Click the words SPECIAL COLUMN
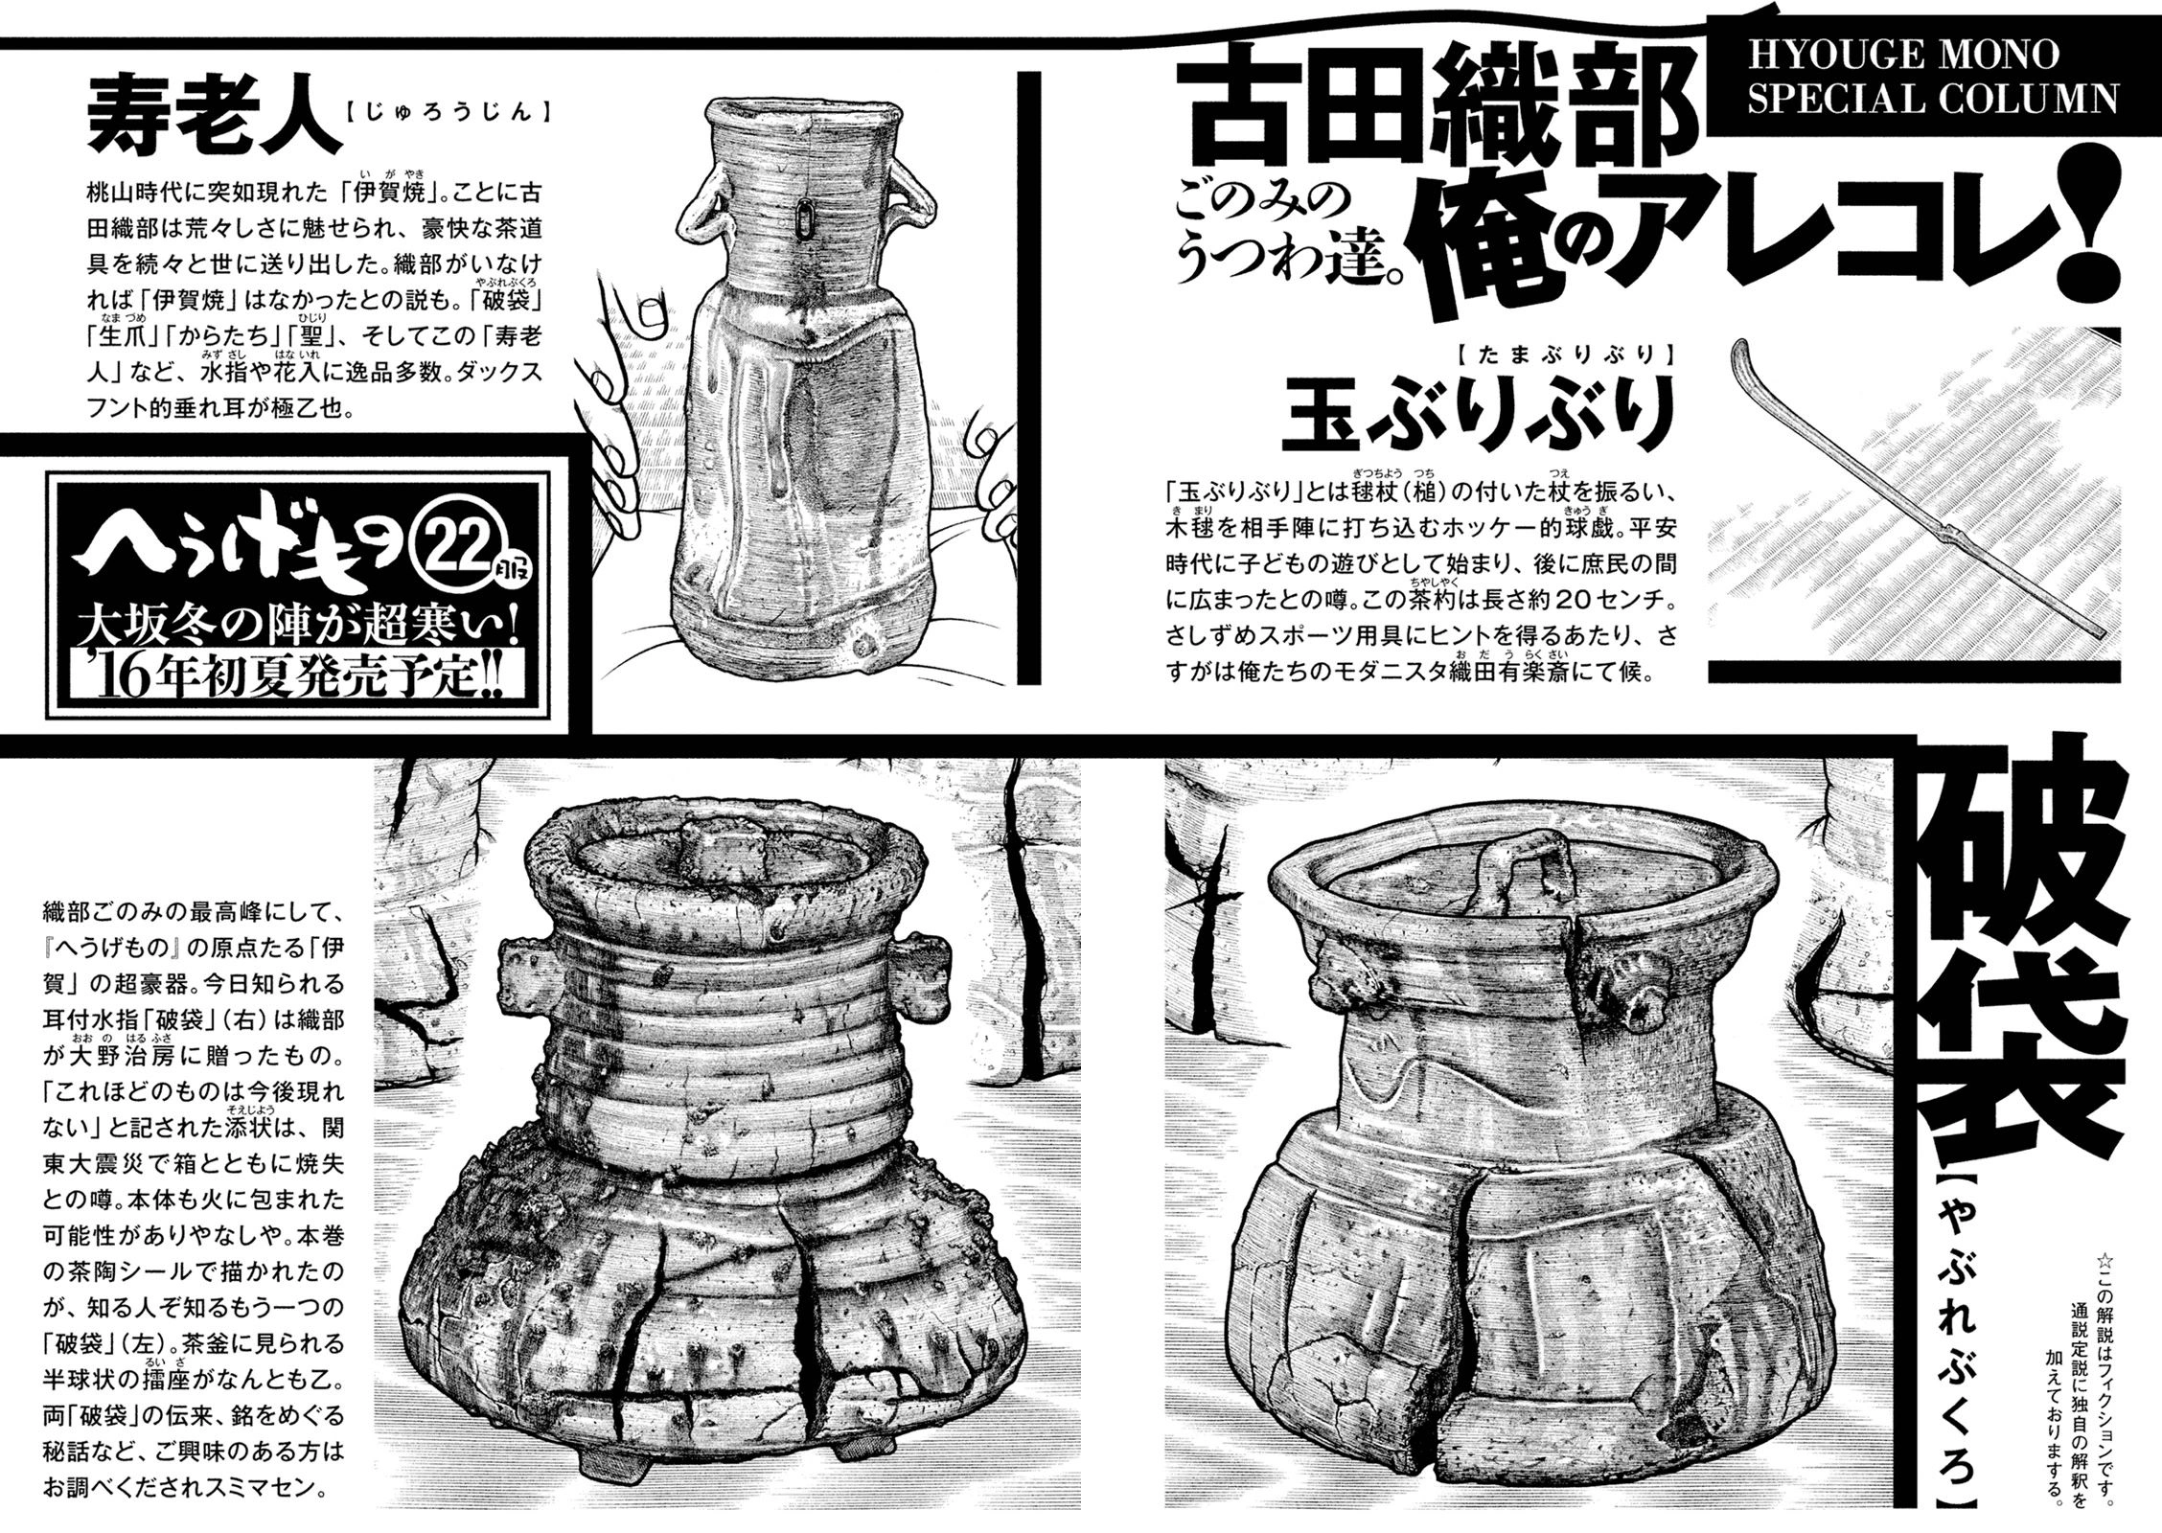1934,99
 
